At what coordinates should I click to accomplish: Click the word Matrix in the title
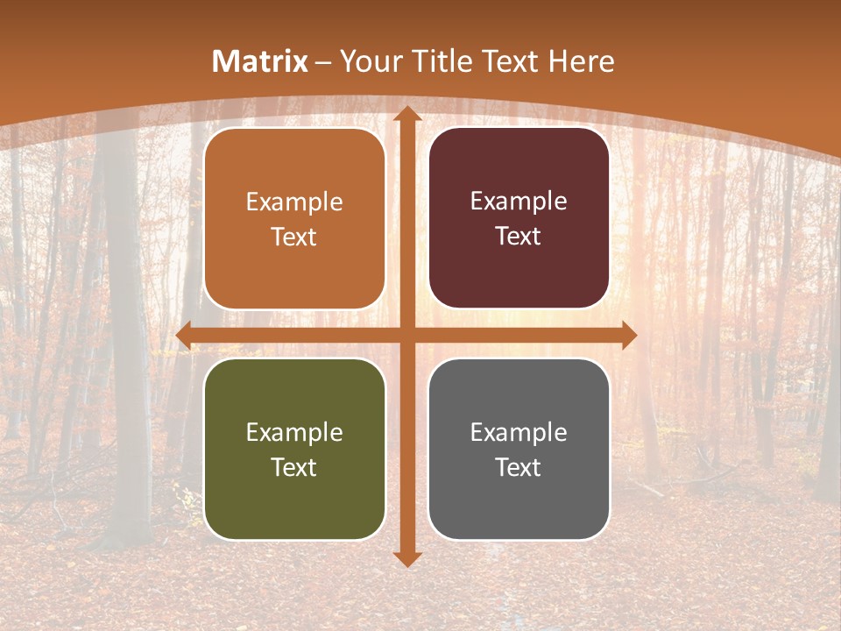click(x=260, y=61)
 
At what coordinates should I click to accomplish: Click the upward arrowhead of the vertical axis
click(x=406, y=114)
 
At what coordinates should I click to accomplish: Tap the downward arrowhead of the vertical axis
click(x=406, y=558)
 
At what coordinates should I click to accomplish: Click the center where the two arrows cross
click(x=406, y=336)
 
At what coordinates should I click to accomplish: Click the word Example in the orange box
click(x=294, y=202)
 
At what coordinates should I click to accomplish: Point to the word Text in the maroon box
click(x=519, y=237)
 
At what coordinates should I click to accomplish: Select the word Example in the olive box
click(x=294, y=433)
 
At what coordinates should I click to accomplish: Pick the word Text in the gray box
click(x=519, y=468)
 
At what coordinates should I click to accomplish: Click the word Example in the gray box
click(x=519, y=433)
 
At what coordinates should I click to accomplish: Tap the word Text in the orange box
click(x=294, y=238)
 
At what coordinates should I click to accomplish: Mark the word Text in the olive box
click(x=294, y=468)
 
